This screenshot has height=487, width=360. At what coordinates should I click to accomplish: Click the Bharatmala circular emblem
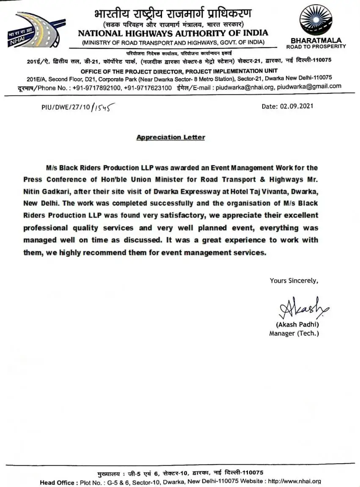316,19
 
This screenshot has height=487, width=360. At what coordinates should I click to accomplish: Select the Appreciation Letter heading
170,137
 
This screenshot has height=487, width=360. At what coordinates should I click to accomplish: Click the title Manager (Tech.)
294,334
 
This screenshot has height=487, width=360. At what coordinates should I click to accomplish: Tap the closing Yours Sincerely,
294,280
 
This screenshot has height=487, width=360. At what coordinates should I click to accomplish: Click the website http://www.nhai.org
294,482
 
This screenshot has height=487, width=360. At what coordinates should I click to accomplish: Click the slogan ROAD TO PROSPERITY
316,46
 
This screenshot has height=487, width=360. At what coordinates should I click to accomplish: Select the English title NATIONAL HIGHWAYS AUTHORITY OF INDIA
173,33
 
